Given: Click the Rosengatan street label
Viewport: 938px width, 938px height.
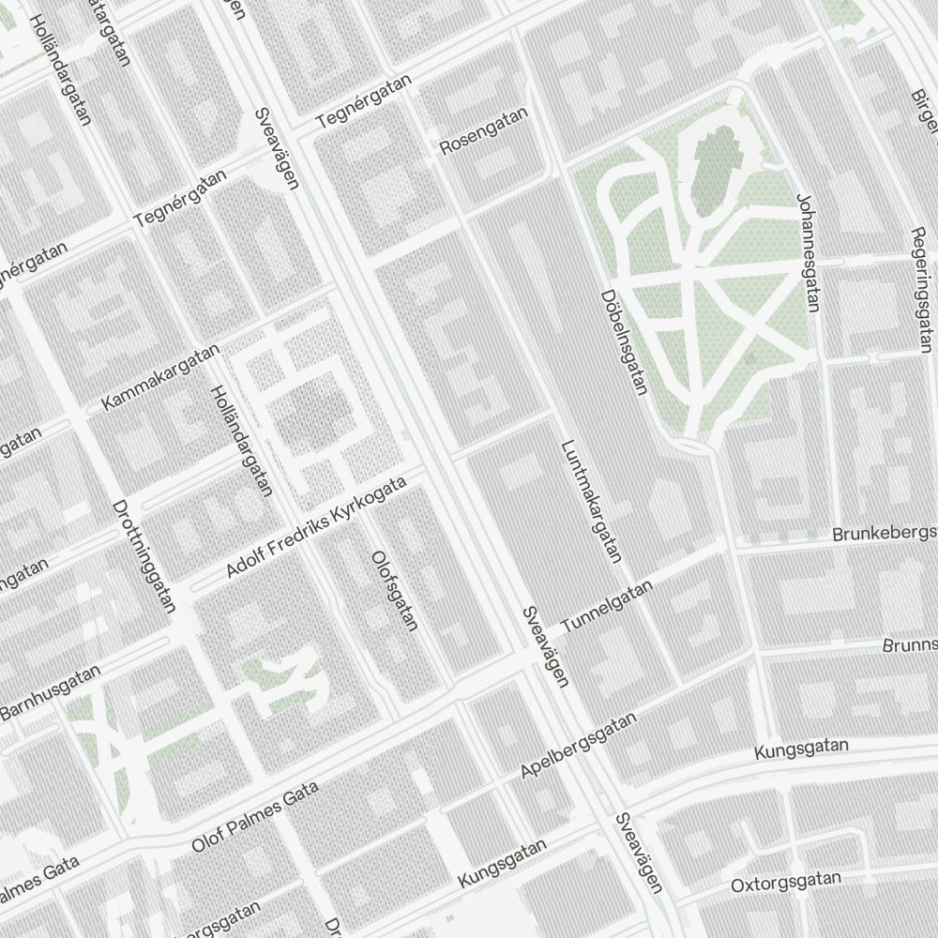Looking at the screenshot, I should [484, 130].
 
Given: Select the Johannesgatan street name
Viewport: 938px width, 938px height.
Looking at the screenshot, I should [809, 252].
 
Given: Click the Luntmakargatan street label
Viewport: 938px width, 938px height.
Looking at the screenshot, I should [592, 501].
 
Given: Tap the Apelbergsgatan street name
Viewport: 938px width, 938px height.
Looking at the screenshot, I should [579, 746].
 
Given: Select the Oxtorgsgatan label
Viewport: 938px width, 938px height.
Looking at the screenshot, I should [786, 882].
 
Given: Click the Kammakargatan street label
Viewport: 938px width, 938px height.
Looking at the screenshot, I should [160, 376].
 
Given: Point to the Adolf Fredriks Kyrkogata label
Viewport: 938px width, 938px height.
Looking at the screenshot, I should [316, 527].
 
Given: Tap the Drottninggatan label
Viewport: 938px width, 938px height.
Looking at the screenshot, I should [144, 555].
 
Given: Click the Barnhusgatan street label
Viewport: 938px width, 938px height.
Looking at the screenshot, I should [50, 693].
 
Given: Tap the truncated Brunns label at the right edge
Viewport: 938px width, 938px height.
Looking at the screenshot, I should [909, 645].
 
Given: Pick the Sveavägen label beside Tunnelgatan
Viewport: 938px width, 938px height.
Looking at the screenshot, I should [544, 646].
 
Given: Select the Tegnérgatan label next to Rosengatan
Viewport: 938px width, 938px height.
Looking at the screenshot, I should [364, 103].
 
